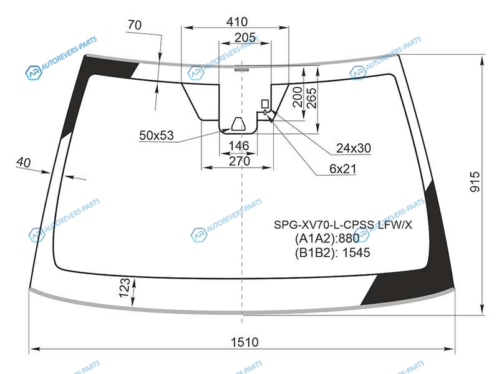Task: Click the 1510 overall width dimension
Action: tap(245, 342)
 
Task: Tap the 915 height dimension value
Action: tap(475, 181)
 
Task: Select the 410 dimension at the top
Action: tap(237, 22)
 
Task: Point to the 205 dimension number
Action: tap(245, 37)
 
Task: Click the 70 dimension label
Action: tap(135, 25)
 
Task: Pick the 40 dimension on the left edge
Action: tap(24, 162)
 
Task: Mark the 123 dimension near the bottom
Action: tap(124, 287)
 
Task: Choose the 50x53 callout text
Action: tap(157, 135)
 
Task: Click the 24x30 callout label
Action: tap(354, 148)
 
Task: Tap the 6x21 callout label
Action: tap(342, 169)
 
